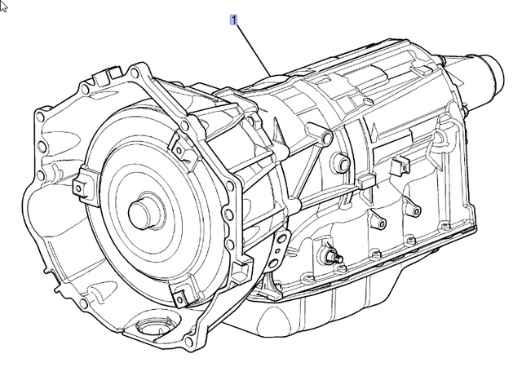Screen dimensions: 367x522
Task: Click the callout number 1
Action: tap(234, 20)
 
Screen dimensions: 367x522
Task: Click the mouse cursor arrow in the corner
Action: tap(4, 6)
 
